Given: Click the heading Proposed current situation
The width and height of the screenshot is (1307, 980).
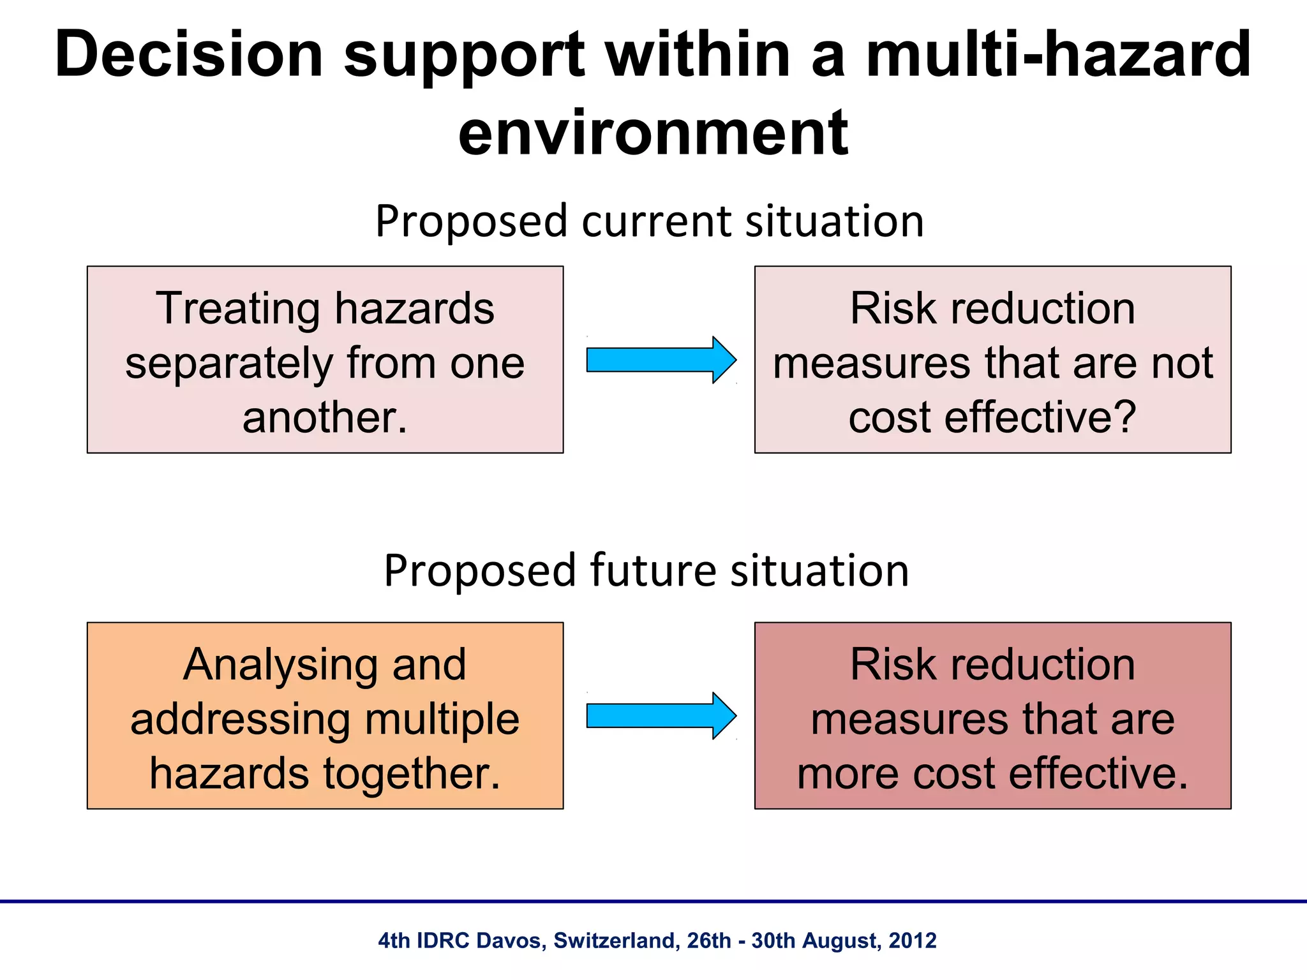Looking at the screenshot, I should (x=649, y=221).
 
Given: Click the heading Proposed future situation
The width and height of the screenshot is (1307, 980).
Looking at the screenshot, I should (x=646, y=570).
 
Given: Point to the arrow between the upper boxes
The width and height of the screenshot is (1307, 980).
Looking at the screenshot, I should (x=661, y=360).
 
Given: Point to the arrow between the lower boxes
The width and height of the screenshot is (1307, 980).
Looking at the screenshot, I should (x=661, y=716).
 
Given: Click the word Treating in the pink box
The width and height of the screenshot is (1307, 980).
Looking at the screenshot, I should (x=237, y=308).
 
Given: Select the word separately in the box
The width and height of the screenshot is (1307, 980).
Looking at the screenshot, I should (x=228, y=363).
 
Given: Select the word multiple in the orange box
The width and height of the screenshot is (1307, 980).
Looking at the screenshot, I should (x=442, y=719).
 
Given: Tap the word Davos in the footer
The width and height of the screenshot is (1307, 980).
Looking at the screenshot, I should (x=511, y=940).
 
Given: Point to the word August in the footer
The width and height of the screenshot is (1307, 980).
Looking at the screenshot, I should (x=842, y=940).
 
